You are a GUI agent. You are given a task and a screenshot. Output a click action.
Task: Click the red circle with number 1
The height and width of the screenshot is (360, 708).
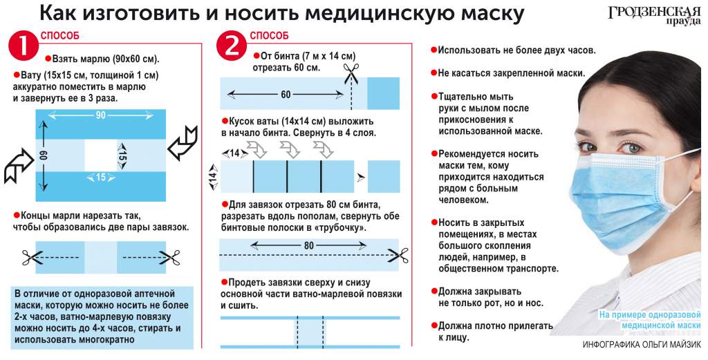[24, 46]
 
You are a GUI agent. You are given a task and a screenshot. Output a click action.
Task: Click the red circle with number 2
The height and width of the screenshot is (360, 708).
[232, 46]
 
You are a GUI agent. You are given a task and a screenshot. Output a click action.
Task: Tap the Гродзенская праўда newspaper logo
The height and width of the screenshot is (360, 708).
[654, 16]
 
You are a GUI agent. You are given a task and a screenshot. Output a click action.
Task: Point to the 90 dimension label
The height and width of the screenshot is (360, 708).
[100, 115]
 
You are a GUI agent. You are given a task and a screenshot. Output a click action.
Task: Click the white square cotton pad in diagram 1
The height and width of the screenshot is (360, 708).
[101, 155]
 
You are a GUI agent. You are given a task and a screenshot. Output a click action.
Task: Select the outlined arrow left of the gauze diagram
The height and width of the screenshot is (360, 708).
[19, 167]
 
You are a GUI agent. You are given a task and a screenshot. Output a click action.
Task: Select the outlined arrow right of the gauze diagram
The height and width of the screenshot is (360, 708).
[183, 142]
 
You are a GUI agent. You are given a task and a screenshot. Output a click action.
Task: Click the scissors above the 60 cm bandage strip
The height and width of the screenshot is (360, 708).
[351, 73]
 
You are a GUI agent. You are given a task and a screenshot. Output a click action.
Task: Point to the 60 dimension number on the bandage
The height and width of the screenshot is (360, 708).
[286, 95]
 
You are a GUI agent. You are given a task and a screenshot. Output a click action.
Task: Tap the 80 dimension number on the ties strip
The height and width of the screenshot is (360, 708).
[308, 246]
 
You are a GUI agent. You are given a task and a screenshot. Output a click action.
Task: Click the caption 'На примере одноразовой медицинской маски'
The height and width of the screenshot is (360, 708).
[650, 320]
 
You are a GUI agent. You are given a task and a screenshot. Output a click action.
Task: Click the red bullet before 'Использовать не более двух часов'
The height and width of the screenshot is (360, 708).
[434, 50]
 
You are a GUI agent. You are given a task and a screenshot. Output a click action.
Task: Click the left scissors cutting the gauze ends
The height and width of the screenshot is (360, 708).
[32, 258]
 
